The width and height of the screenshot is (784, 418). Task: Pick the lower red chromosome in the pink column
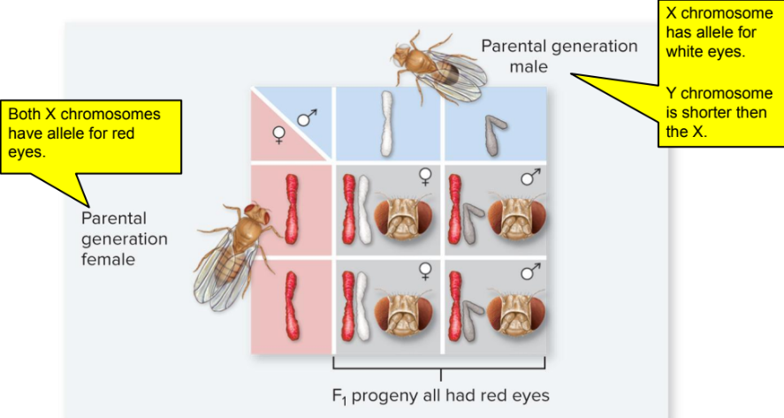[293, 306]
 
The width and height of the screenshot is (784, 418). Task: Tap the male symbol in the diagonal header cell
[308, 116]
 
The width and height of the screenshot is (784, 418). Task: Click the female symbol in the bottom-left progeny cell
[424, 270]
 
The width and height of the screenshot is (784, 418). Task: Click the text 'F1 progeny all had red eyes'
[440, 396]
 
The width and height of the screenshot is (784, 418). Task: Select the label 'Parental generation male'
[558, 56]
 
